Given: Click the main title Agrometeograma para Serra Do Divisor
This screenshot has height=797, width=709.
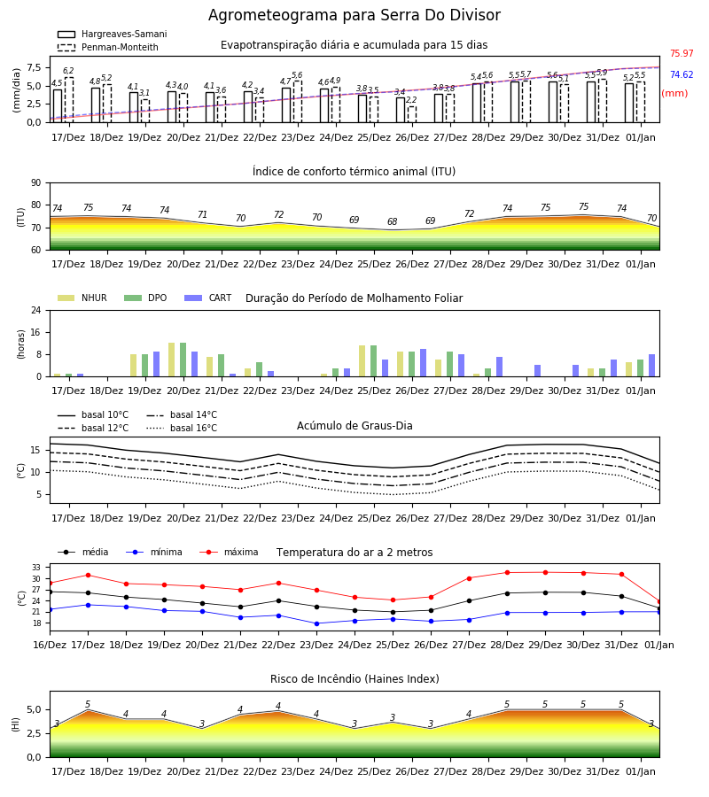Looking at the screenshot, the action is pyautogui.click(x=354, y=15).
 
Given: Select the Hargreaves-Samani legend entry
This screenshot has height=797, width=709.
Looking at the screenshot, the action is pyautogui.click(x=113, y=34).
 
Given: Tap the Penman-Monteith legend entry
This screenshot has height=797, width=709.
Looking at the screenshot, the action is pyautogui.click(x=108, y=47).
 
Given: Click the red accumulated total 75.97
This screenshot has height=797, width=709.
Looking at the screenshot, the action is pyautogui.click(x=682, y=53).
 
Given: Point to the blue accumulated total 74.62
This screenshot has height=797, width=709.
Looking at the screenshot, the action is pyautogui.click(x=682, y=74).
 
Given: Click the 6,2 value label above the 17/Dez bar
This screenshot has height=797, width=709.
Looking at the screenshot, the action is pyautogui.click(x=68, y=71).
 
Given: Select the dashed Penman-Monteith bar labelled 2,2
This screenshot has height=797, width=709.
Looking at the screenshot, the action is pyautogui.click(x=412, y=114).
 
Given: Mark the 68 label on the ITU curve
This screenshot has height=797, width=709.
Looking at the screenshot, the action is pyautogui.click(x=392, y=221).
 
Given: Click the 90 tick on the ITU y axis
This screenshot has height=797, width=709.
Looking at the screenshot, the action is pyautogui.click(x=36, y=183).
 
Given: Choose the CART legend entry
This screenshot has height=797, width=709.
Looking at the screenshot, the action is pyautogui.click(x=208, y=298).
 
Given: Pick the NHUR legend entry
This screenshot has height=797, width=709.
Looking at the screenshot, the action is pyautogui.click(x=82, y=298).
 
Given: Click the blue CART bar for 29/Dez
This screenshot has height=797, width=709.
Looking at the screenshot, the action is pyautogui.click(x=538, y=371).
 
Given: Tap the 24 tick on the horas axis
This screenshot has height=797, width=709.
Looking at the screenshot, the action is pyautogui.click(x=36, y=310).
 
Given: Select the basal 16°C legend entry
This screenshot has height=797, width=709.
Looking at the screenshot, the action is pyautogui.click(x=182, y=428).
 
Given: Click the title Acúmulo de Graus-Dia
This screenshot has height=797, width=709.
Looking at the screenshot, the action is pyautogui.click(x=354, y=425).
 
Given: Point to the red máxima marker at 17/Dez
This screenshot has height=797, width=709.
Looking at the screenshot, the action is pyautogui.click(x=88, y=575).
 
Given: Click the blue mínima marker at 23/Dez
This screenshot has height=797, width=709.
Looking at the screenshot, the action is pyautogui.click(x=317, y=623).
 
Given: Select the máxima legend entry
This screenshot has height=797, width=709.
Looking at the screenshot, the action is pyautogui.click(x=229, y=552).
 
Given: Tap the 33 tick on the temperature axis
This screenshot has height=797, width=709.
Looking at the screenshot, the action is pyautogui.click(x=36, y=568).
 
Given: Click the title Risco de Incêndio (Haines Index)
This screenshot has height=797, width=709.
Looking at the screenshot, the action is pyautogui.click(x=354, y=679).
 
